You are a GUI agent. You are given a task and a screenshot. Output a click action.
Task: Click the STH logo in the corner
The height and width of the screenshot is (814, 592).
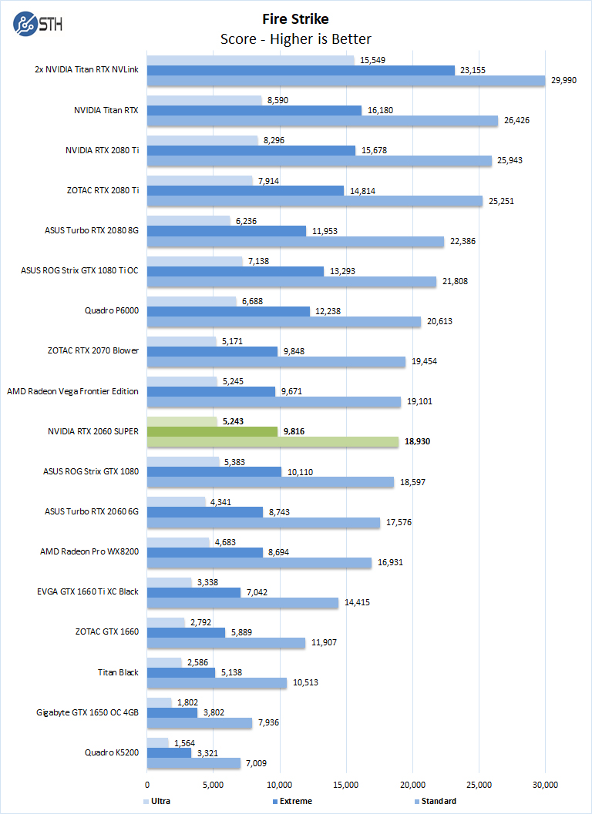37,23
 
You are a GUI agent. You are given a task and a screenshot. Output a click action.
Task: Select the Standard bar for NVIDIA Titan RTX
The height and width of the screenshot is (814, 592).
322,120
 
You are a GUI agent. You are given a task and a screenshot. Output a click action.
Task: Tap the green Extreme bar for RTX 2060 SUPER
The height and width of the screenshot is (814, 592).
212,431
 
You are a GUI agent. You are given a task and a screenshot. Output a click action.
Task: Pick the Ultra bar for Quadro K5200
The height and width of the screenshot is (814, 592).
157,742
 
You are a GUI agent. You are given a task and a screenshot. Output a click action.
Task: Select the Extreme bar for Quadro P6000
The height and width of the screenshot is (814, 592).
228,311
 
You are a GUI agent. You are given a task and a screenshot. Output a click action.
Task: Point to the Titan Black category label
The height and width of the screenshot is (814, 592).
118,672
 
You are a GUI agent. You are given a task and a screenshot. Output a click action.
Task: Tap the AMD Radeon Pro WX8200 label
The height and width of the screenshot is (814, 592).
89,551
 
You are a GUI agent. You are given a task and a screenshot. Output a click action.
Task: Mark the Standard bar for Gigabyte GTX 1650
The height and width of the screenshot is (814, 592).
200,722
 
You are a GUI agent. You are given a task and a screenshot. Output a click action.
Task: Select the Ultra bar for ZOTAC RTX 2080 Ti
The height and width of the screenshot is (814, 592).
200,181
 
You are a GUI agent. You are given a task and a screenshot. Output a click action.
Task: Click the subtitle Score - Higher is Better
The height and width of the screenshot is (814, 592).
295,39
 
